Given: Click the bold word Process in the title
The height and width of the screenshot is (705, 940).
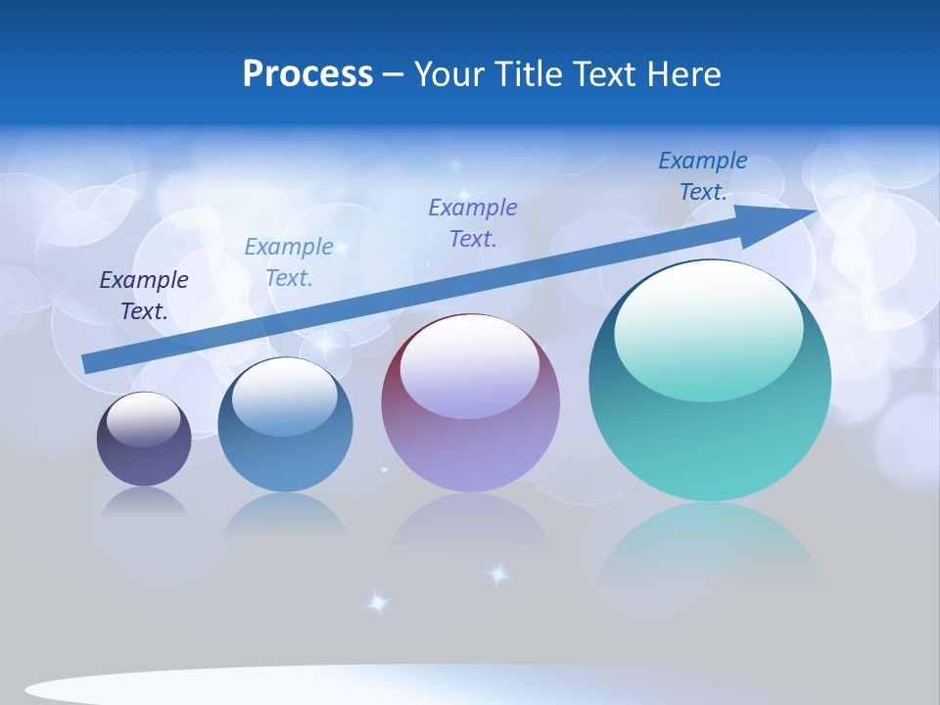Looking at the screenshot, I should (x=307, y=74).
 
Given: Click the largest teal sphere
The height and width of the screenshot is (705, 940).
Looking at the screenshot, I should (x=710, y=380).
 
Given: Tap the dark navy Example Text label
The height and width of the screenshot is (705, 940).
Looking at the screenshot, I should (x=144, y=296).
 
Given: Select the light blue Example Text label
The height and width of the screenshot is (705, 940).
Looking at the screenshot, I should (x=289, y=262).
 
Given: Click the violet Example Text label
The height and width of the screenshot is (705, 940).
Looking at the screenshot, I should (x=473, y=222).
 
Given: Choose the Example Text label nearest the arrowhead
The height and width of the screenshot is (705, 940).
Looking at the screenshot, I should (x=703, y=175).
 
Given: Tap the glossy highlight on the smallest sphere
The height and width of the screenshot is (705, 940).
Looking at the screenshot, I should (x=143, y=420).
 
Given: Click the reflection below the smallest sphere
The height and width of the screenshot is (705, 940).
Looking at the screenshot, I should (x=144, y=505).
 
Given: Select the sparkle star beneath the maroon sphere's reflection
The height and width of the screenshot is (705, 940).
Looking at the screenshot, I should (x=498, y=575).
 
